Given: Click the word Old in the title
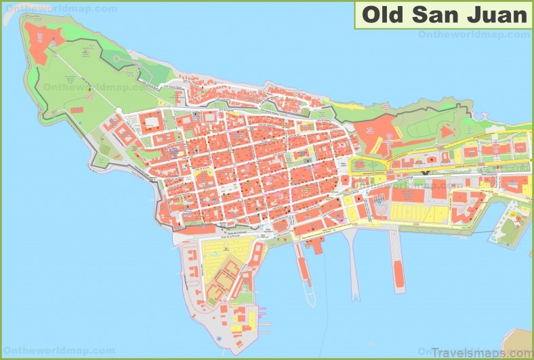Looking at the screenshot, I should coord(381,14).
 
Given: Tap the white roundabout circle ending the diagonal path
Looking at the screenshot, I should coord(119,111).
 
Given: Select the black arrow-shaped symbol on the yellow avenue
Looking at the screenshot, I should coord(425,173).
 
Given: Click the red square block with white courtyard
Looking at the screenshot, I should coord(150,123).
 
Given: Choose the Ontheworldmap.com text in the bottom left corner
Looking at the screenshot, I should coord(47,351).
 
